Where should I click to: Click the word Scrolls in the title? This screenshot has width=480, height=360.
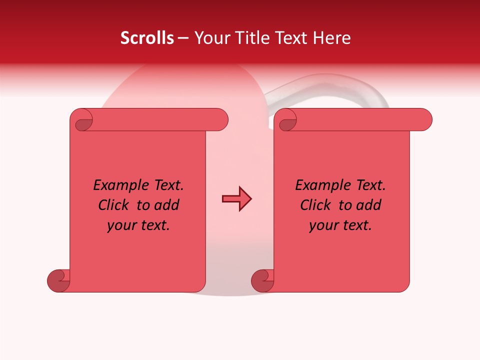click(147, 38)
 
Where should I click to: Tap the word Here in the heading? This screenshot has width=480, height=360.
click(333, 38)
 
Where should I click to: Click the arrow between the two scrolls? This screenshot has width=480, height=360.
click(236, 199)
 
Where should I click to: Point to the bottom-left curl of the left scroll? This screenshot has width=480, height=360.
click(59, 281)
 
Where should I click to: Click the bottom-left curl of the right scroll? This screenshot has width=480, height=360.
click(262, 281)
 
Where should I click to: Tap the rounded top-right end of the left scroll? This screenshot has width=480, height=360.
click(220, 119)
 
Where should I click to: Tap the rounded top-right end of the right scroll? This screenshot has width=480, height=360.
click(424, 119)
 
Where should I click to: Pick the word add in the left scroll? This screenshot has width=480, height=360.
click(167, 205)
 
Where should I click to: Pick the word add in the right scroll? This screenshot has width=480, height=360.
click(369, 205)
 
